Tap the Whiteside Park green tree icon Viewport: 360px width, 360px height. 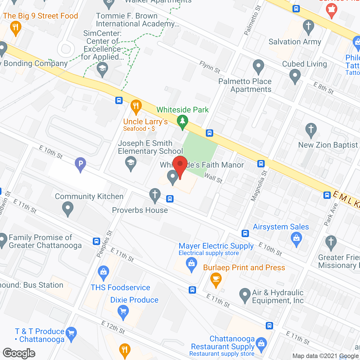point(183,122)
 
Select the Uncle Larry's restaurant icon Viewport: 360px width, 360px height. point(136,107)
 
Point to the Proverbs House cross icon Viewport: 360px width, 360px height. point(155,195)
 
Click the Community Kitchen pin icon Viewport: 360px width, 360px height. point(67,209)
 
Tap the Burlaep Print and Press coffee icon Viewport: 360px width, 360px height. point(216,280)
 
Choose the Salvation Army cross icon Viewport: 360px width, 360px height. point(309,26)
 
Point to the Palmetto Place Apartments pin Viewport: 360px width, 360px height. point(258,66)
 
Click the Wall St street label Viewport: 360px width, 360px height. point(213,178)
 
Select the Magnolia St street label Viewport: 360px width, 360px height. point(259,186)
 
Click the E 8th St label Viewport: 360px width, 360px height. point(323,88)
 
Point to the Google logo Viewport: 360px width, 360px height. point(19,353)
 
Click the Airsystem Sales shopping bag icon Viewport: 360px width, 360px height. point(296,239)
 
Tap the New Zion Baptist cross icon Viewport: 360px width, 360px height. point(311,130)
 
